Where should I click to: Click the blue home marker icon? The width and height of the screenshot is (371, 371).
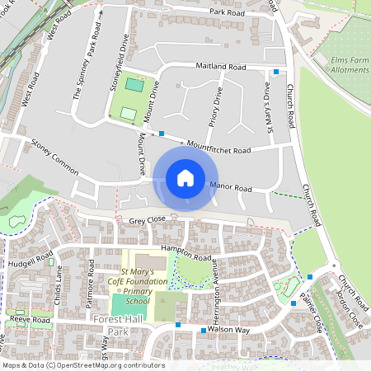point(185,178)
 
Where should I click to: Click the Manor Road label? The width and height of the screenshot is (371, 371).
point(230,188)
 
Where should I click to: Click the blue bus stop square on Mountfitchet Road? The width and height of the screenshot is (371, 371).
point(162,133)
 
